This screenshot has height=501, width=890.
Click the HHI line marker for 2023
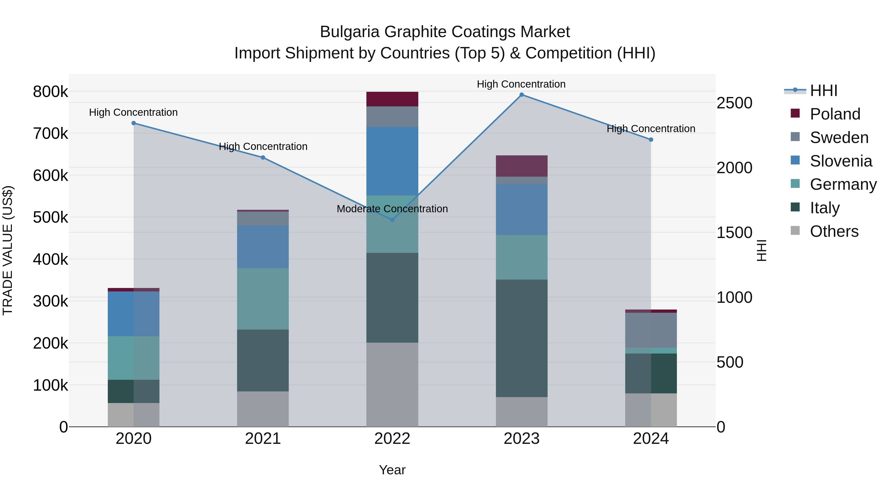pyautogui.click(x=522, y=95)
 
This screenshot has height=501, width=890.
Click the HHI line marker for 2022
pyautogui.click(x=392, y=220)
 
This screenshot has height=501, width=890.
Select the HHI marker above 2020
pyautogui.click(x=134, y=123)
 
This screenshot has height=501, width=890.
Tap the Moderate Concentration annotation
pyautogui.click(x=392, y=209)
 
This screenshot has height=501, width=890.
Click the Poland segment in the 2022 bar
pyautogui.click(x=392, y=99)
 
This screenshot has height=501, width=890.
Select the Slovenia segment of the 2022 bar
pyautogui.click(x=392, y=161)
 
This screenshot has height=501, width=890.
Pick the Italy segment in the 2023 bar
pyautogui.click(x=522, y=338)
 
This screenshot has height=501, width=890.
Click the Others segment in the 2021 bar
pyautogui.click(x=263, y=409)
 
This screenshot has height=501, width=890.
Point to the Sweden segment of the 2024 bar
pyautogui.click(x=651, y=330)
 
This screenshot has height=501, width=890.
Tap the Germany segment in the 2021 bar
pyautogui.click(x=263, y=299)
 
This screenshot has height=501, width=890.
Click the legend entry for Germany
pyautogui.click(x=843, y=184)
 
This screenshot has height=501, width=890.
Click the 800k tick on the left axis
pyautogui.click(x=50, y=92)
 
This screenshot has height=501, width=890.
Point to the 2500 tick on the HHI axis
pyautogui.click(x=734, y=103)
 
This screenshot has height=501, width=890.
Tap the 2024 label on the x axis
pyautogui.click(x=651, y=439)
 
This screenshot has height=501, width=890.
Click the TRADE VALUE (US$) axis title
pyautogui.click(x=8, y=250)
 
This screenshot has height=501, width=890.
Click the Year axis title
pyautogui.click(x=392, y=470)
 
